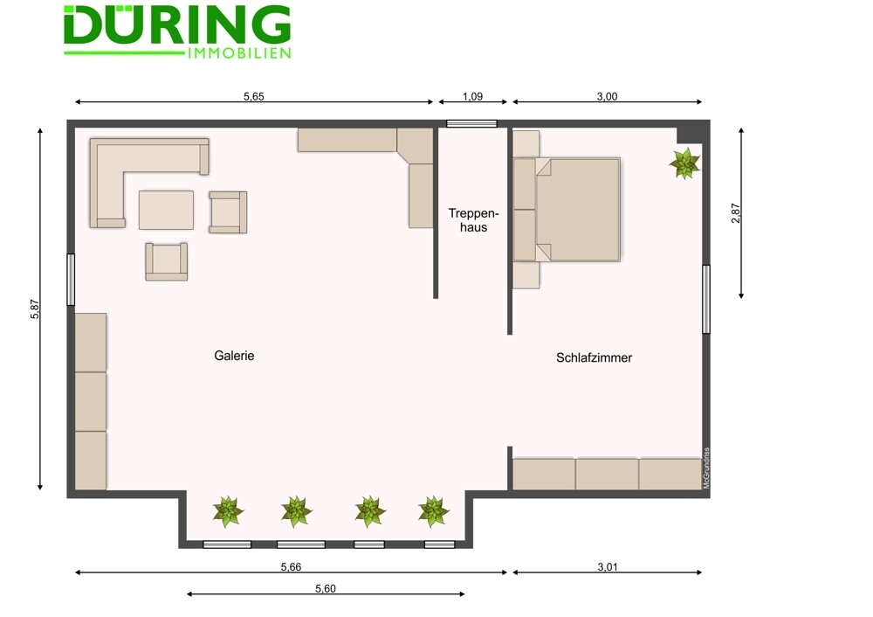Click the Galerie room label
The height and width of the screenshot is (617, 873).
click(x=234, y=356)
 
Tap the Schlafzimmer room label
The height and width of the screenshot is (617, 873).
click(x=594, y=357)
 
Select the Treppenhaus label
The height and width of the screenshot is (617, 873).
click(x=473, y=220)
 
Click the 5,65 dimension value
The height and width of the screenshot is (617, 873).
click(x=253, y=96)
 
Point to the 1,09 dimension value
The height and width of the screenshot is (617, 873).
click(x=472, y=96)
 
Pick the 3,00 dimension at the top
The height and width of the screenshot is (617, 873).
click(x=607, y=96)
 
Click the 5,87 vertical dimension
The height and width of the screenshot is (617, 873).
click(x=35, y=309)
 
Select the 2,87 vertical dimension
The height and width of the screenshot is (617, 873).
click(x=735, y=213)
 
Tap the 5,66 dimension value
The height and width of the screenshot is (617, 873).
click(x=291, y=567)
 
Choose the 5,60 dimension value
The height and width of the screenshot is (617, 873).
click(x=325, y=588)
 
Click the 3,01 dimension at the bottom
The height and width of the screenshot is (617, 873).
click(x=608, y=567)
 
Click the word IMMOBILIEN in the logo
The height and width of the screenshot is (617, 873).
click(x=239, y=53)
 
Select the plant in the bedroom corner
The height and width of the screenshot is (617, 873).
click(x=684, y=163)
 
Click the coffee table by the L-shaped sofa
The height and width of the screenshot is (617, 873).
click(x=166, y=210)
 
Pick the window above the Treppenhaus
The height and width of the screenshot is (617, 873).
click(x=471, y=124)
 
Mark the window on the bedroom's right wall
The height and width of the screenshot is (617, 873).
click(x=706, y=299)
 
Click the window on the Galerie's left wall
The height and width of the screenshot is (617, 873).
click(x=71, y=280)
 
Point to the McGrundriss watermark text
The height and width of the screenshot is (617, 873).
click(x=706, y=468)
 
